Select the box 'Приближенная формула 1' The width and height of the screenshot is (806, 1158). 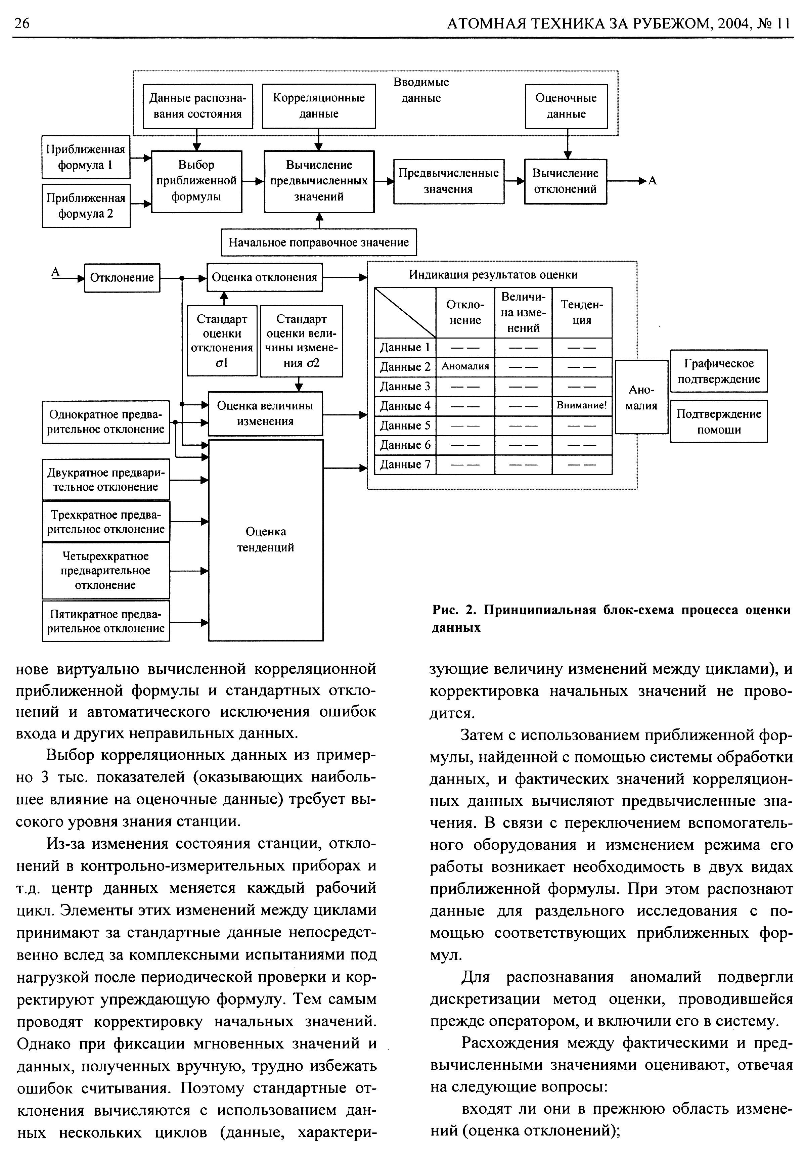pyautogui.click(x=86, y=157)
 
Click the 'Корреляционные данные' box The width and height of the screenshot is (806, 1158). pyautogui.click(x=319, y=106)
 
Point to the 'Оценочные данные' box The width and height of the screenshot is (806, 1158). pyautogui.click(x=566, y=106)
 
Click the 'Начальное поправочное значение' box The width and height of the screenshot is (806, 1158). pyautogui.click(x=319, y=242)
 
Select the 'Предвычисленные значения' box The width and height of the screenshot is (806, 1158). pyautogui.click(x=448, y=181)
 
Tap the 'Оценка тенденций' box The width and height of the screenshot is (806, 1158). pyautogui.click(x=266, y=540)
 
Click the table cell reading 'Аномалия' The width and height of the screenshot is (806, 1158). pyautogui.click(x=465, y=367)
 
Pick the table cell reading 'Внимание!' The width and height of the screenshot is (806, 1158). pyautogui.click(x=582, y=405)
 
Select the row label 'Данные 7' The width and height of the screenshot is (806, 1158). pyautogui.click(x=405, y=464)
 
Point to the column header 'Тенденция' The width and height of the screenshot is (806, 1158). pyautogui.click(x=582, y=313)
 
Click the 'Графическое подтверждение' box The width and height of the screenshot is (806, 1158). pyautogui.click(x=719, y=371)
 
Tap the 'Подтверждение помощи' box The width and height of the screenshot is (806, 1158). pyautogui.click(x=719, y=421)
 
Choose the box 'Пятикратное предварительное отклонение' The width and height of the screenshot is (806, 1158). pyautogui.click(x=106, y=621)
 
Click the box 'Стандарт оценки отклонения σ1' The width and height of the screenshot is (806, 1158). pyautogui.click(x=222, y=341)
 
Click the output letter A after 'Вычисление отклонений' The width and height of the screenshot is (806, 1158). pyautogui.click(x=652, y=181)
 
